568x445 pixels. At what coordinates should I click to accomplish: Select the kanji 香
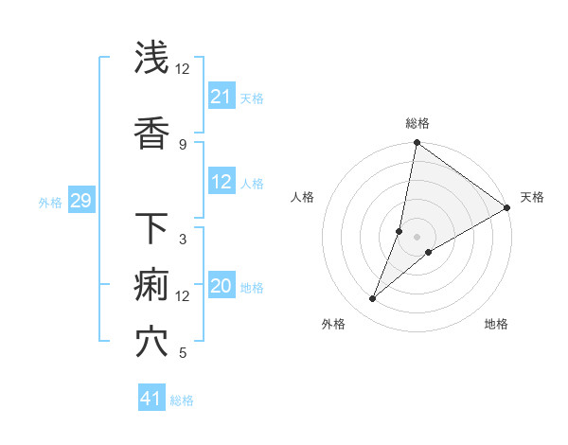152,133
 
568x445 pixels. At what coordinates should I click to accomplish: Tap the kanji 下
152,228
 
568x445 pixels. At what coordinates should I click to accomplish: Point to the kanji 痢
152,285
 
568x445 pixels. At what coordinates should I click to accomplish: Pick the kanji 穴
152,342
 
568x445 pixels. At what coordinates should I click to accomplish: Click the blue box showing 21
222,97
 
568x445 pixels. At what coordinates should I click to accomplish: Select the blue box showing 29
80,201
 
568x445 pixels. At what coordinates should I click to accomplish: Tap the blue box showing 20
222,287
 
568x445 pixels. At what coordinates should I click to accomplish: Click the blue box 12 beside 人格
222,183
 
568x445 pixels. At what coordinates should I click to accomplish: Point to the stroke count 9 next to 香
182,145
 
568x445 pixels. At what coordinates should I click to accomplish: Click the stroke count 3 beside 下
182,240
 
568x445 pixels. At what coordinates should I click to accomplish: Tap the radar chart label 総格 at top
417,123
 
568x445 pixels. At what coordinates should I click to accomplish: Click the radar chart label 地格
496,324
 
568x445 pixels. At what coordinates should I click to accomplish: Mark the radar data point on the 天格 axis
507,208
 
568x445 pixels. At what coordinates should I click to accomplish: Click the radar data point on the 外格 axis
373,299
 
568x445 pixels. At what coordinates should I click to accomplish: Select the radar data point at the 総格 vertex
417,144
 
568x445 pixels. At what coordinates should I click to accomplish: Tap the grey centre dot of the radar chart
417,237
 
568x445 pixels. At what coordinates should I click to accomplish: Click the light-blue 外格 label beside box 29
50,202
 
